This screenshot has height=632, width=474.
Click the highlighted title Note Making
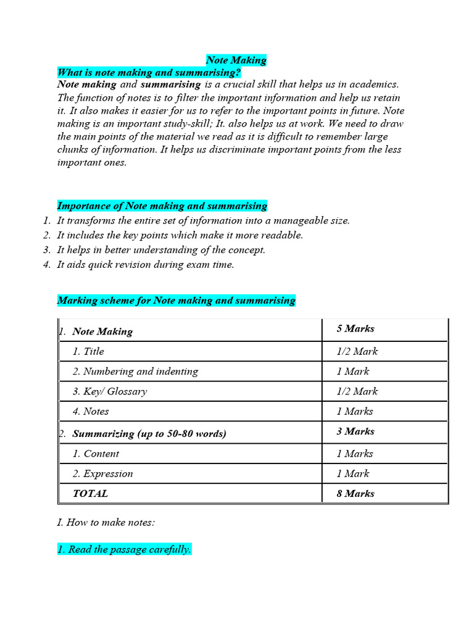[x=236, y=60]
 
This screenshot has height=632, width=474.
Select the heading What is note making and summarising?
[x=149, y=72]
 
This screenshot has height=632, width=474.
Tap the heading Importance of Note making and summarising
[x=162, y=206]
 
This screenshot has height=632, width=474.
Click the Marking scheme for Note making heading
[x=176, y=301]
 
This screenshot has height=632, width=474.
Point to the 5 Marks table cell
[x=355, y=328]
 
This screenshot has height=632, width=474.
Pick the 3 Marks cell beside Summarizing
[x=355, y=431]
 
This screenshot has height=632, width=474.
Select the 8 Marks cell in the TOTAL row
[x=355, y=493]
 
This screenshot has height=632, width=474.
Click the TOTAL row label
[x=90, y=493]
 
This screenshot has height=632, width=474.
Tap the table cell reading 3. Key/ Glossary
[x=109, y=391]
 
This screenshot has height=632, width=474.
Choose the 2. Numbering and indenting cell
[x=135, y=372]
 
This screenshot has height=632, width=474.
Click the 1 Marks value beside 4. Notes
[x=355, y=411]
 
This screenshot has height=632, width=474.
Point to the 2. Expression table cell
[x=102, y=473]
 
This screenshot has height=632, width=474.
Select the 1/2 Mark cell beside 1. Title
[x=357, y=351]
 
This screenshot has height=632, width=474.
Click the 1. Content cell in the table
[x=96, y=454]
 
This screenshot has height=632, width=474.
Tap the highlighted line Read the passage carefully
[x=124, y=549]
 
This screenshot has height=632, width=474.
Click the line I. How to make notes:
[x=106, y=522]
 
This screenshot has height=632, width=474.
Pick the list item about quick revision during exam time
[x=146, y=265]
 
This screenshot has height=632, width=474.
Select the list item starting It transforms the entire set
[x=203, y=220]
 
